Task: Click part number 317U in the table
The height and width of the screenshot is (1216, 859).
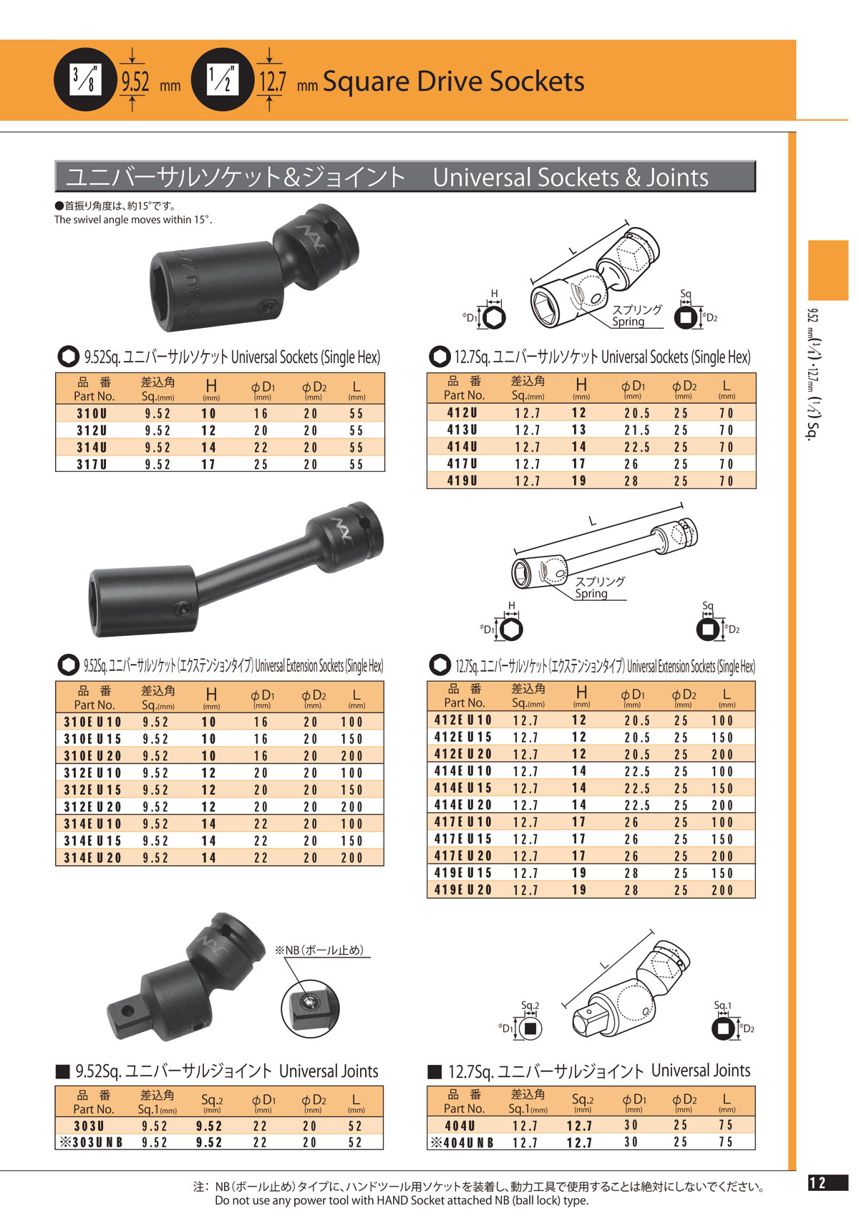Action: click(x=92, y=465)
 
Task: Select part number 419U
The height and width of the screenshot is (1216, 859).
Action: click(x=462, y=481)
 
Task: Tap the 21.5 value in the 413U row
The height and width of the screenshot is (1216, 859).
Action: click(x=636, y=430)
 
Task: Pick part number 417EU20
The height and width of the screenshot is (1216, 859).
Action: click(x=463, y=856)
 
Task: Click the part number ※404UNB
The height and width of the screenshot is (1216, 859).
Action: click(x=462, y=1143)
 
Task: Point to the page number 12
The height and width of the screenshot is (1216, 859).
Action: click(x=817, y=1183)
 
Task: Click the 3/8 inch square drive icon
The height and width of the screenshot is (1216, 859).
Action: click(x=84, y=79)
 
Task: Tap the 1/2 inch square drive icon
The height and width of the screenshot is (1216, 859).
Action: click(x=222, y=79)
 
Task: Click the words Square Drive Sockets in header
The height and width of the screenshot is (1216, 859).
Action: click(x=453, y=81)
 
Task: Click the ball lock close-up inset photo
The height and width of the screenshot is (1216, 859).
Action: click(x=309, y=1005)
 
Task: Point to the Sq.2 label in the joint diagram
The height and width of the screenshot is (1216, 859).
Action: click(x=530, y=1005)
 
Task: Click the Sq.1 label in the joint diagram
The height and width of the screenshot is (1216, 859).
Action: click(x=722, y=1005)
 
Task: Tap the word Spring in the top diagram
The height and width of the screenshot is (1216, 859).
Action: click(x=628, y=322)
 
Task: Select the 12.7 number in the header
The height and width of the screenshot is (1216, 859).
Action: click(x=272, y=81)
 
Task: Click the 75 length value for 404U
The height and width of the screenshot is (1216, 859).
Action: click(x=726, y=1125)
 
